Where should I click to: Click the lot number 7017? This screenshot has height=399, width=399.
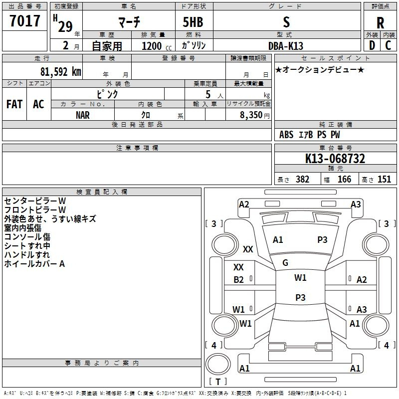click(x=25, y=21)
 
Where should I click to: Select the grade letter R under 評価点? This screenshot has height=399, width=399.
click(x=380, y=23)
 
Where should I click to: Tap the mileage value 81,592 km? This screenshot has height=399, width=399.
click(x=61, y=72)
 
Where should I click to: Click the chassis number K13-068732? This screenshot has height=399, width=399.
click(x=335, y=159)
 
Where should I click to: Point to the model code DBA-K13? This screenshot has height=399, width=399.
click(x=286, y=46)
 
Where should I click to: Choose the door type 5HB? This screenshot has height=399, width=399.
click(x=193, y=22)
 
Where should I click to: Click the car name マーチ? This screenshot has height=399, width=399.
click(x=129, y=22)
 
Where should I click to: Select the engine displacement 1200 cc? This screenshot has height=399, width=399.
click(x=157, y=46)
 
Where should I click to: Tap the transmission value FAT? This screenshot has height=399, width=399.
click(x=14, y=104)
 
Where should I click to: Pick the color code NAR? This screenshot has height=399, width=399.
click(x=83, y=115)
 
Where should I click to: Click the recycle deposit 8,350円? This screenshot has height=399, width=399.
click(x=255, y=115)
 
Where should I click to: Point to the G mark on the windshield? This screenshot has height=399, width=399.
click(x=285, y=263)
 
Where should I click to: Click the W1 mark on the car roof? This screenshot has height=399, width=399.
click(x=300, y=278)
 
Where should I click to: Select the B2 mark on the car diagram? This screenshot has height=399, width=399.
click(x=239, y=280)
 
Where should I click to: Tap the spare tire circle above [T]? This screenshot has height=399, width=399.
click(x=218, y=364)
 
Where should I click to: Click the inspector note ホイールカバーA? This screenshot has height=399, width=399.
click(x=34, y=264)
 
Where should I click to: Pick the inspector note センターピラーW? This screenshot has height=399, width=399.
click(x=35, y=201)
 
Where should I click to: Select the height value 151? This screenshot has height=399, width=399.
click(x=384, y=180)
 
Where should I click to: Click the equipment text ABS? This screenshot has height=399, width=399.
click(x=286, y=135)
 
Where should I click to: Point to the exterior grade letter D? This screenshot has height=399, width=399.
click(x=372, y=45)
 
